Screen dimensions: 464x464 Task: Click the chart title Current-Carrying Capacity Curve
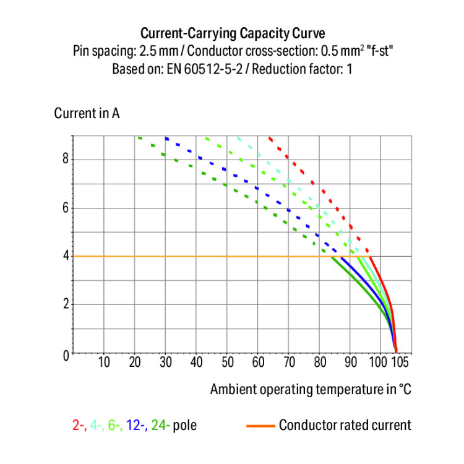pos(232,33)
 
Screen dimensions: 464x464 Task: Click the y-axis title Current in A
pos(87,114)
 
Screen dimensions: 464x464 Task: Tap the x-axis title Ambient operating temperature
pos(310,389)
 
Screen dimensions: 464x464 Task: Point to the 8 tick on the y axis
pos(64,159)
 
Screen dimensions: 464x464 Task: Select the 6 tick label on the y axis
pos(64,208)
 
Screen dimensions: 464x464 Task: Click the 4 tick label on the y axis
pos(64,256)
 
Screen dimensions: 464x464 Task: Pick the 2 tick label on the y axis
pos(64,304)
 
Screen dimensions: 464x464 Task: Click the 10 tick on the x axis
pos(104,363)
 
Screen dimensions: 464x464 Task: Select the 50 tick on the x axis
pos(227,363)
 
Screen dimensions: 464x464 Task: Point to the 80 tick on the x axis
pos(320,363)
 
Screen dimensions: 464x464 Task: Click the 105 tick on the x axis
pos(401,363)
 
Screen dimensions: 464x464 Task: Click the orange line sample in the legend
pos(260,426)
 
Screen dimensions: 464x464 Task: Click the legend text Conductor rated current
pos(345,426)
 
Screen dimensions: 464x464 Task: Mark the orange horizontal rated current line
pos(186,256)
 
